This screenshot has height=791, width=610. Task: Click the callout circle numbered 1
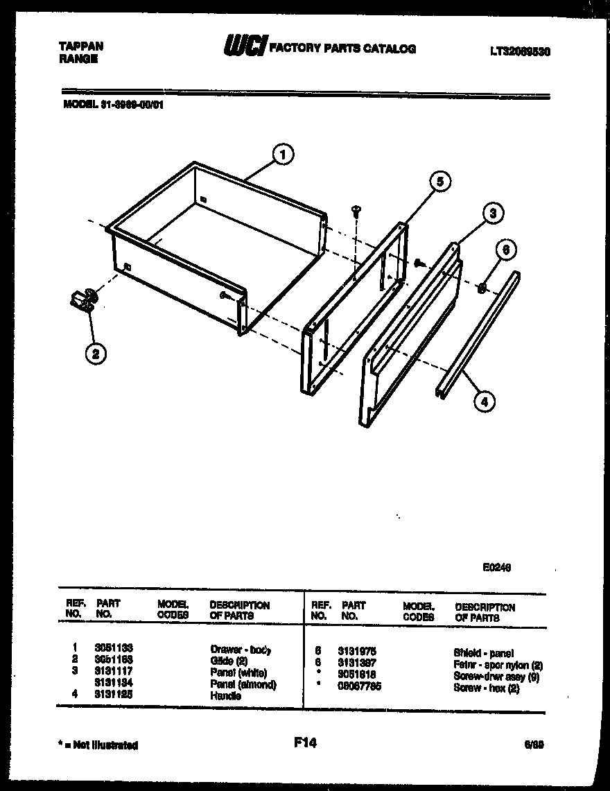[283, 154]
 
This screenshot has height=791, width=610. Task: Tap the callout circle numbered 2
[96, 354]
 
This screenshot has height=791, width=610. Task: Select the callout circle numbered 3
[491, 214]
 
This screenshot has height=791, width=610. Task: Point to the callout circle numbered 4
[485, 401]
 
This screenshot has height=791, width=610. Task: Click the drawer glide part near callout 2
[82, 301]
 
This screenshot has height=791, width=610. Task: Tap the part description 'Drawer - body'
[240, 650]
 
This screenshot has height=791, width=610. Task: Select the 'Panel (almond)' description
[243, 685]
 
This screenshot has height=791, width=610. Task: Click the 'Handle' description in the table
[225, 695]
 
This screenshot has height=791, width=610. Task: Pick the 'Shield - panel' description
[483, 652]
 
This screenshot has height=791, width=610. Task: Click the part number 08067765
[359, 686]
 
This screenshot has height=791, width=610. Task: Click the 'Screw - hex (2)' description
[486, 688]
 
